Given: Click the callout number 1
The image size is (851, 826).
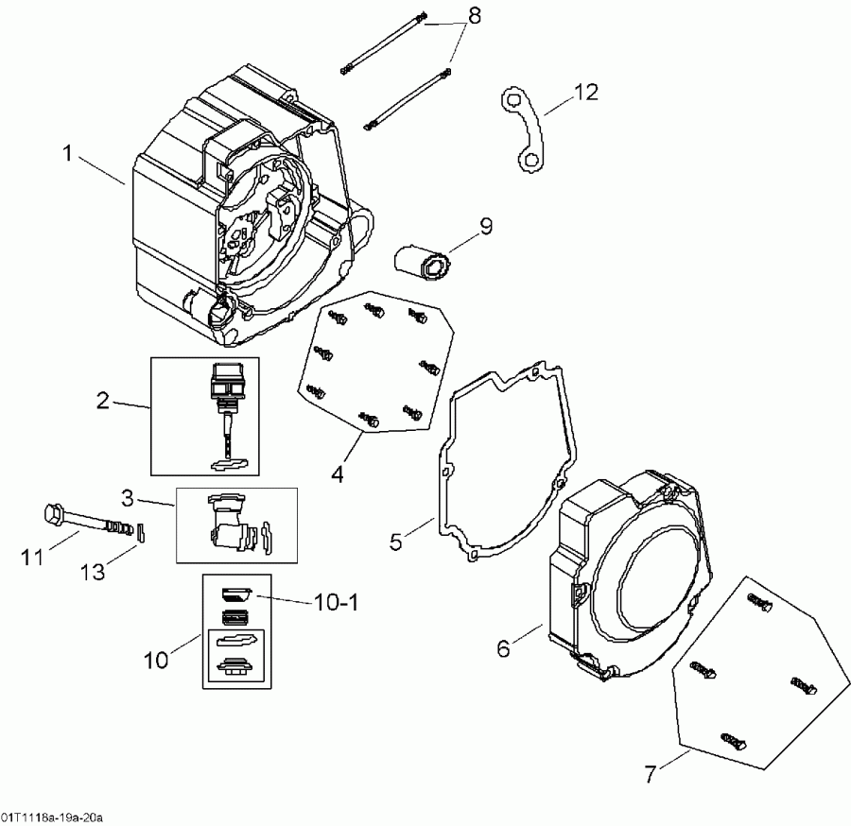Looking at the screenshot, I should (67, 152).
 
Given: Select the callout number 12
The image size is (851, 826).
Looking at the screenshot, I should (585, 92).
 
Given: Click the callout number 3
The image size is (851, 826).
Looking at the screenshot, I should (128, 496).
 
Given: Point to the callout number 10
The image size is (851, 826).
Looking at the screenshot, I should (156, 659).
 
